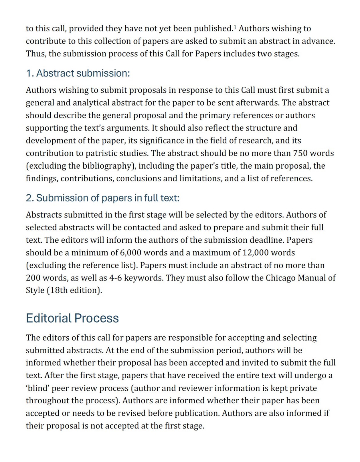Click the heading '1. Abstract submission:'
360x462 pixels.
pos(78,74)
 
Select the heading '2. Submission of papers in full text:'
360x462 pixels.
pos(102,198)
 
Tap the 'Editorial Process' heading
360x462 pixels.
pos(72,318)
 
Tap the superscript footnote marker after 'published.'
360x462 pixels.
pos(235,27)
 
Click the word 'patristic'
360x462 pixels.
pos(102,153)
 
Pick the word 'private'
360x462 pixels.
pos(303,388)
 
